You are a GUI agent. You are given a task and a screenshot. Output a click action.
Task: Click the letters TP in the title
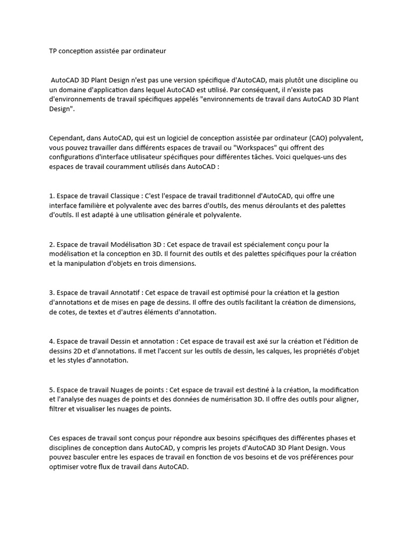coord(53,52)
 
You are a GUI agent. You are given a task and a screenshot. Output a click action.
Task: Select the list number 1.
coord(51,196)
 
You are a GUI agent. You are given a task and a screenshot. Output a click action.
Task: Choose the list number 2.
coord(51,244)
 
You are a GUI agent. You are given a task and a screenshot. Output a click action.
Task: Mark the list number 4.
coord(51,341)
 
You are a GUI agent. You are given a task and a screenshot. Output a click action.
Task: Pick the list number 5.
coord(51,390)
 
